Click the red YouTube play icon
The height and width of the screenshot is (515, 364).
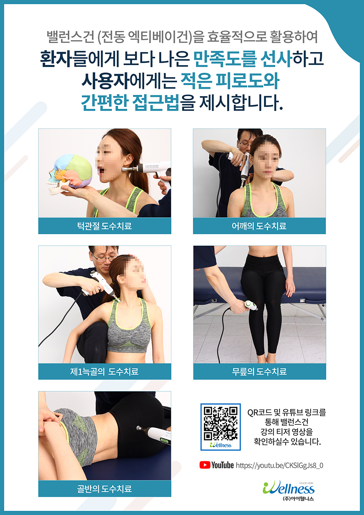click(x=205, y=465)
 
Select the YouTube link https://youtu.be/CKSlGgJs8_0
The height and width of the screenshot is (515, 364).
click(x=279, y=465)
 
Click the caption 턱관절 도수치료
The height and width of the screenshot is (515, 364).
click(x=105, y=226)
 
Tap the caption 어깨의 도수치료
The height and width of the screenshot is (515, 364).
click(x=259, y=226)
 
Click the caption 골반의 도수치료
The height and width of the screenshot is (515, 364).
click(x=105, y=489)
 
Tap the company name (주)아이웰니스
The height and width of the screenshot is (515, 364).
click(x=298, y=498)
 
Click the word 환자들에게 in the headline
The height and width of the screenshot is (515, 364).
click(x=80, y=59)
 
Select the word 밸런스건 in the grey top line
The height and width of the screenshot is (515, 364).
click(x=70, y=37)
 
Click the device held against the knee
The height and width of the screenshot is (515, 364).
click(x=251, y=306)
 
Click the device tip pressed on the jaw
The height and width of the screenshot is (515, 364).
click(x=124, y=169)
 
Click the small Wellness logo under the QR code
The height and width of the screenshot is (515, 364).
click(x=221, y=445)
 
